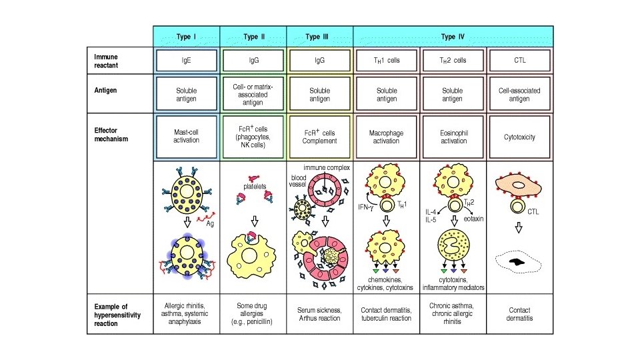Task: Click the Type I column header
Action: click(x=186, y=36)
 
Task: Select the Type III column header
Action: click(x=319, y=36)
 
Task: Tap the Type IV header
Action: click(x=453, y=36)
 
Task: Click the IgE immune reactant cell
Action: click(x=187, y=60)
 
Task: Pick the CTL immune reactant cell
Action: click(x=520, y=60)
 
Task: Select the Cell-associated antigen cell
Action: click(x=520, y=95)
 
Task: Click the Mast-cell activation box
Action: click(x=187, y=137)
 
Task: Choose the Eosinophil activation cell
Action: click(x=453, y=137)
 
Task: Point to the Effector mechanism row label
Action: click(x=111, y=135)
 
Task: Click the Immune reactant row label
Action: click(x=107, y=61)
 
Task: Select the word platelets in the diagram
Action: click(x=254, y=187)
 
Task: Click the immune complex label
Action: click(x=327, y=167)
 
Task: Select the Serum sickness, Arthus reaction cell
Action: click(x=320, y=310)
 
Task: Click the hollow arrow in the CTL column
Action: click(x=519, y=229)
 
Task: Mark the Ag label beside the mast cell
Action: click(x=209, y=223)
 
